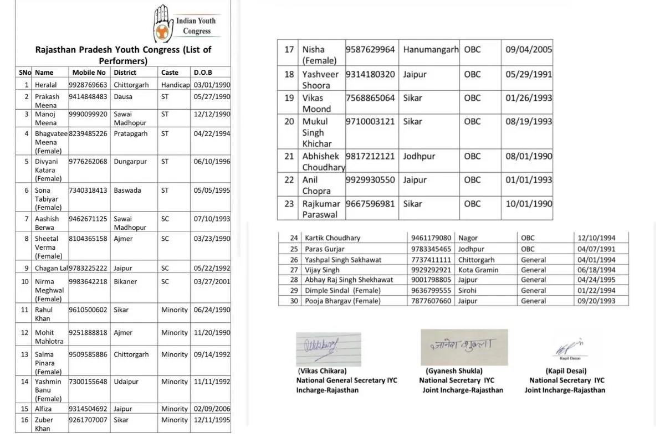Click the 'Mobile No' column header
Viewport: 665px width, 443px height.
tap(89, 73)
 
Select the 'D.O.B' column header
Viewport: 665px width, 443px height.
tap(203, 73)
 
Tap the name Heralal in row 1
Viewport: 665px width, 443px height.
tap(45, 85)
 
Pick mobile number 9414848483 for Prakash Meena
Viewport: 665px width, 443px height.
tap(88, 96)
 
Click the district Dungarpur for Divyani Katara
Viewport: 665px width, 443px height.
tap(131, 162)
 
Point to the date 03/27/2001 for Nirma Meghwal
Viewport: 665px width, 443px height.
tap(212, 281)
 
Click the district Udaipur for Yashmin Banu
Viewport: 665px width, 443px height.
tap(126, 382)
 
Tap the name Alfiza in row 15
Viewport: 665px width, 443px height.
tap(43, 409)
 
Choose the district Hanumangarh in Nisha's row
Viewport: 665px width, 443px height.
tap(431, 49)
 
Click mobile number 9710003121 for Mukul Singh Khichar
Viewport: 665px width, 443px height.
tap(370, 121)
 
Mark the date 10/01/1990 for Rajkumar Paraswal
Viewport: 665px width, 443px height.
tap(529, 204)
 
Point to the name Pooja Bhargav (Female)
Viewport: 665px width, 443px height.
tap(342, 301)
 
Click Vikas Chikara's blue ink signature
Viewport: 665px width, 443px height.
tap(328, 347)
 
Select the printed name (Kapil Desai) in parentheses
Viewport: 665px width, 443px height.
tap(566, 371)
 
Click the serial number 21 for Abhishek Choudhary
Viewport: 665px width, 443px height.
tap(289, 156)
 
